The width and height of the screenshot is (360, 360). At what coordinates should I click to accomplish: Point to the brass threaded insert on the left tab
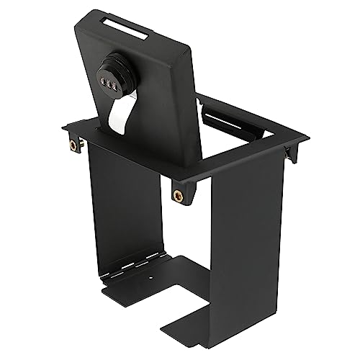[73, 146]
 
